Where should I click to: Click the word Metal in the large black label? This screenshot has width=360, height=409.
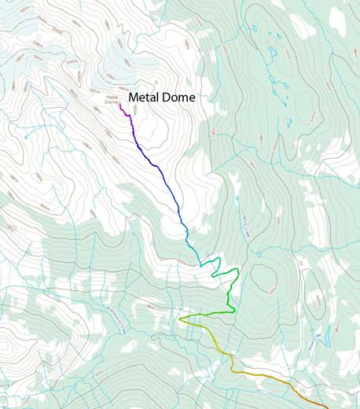[144, 98]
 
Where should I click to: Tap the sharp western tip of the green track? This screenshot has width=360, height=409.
[180, 319]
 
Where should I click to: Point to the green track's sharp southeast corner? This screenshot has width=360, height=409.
[234, 312]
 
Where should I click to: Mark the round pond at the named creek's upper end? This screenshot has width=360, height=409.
[236, 198]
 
